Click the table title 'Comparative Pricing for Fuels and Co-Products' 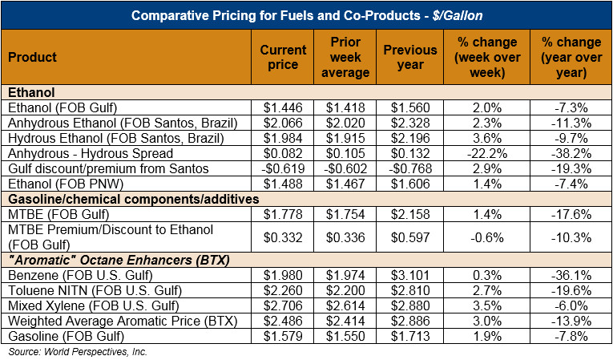tap(306, 15)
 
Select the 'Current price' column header tap(283, 57)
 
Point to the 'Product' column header tap(32, 57)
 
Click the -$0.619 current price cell tap(283, 168)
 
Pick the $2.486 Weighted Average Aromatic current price tap(283, 322)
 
